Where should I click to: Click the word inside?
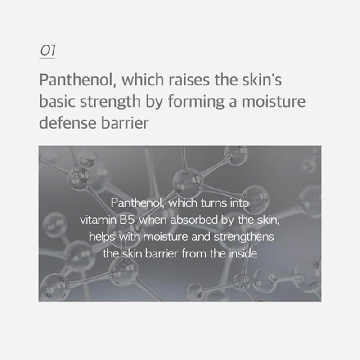[x=242, y=253]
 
